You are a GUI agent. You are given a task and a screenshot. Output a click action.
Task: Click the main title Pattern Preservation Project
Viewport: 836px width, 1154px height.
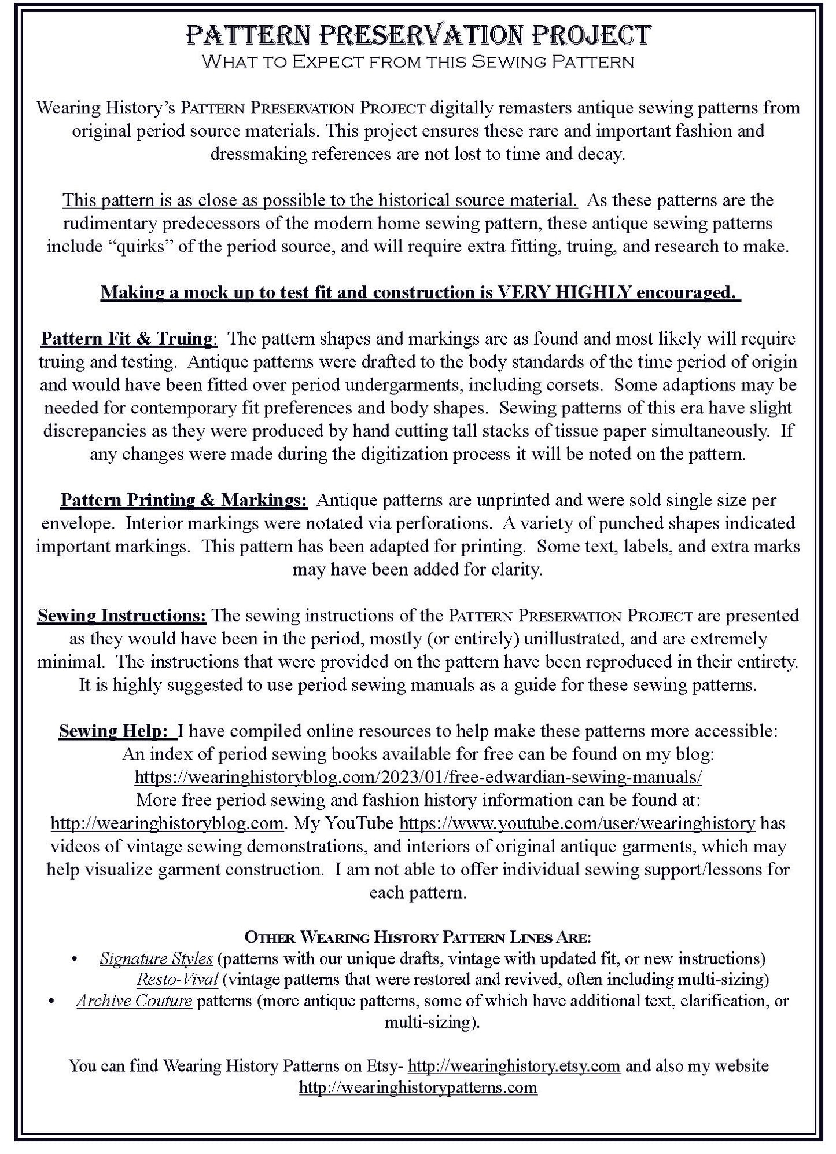tap(417, 35)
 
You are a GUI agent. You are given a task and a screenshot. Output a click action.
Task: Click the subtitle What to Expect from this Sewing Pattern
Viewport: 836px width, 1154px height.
tap(417, 62)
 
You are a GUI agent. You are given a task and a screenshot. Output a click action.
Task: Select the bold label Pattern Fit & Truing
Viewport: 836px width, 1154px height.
tap(126, 338)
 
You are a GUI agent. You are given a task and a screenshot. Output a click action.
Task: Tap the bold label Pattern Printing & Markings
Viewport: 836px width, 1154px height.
tap(183, 500)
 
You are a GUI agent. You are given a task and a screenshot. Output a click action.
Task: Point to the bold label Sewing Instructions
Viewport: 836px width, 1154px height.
tap(121, 615)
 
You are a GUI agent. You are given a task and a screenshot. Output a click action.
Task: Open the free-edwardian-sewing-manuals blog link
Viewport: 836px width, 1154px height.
tap(418, 776)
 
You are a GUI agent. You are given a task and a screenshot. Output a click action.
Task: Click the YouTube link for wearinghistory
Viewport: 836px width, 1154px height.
tap(577, 823)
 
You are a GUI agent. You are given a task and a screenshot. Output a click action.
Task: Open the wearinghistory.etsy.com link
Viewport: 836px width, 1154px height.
tap(514, 1066)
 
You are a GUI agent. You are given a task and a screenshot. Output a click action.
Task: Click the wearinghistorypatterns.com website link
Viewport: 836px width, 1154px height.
tap(418, 1087)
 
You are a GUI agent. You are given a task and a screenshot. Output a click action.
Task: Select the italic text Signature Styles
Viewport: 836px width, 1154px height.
tap(156, 958)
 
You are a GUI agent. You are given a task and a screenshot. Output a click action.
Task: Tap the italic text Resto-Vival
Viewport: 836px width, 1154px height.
tap(177, 980)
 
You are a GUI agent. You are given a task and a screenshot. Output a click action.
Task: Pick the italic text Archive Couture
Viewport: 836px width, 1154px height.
tap(134, 1001)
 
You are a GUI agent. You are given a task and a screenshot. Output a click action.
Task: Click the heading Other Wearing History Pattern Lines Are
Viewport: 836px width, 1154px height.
tap(418, 937)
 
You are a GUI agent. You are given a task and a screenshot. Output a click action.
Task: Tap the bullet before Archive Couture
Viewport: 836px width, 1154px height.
tap(53, 1001)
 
